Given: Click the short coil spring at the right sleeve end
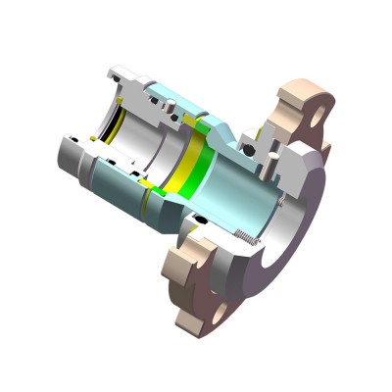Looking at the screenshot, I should pyautogui.click(x=283, y=203).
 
